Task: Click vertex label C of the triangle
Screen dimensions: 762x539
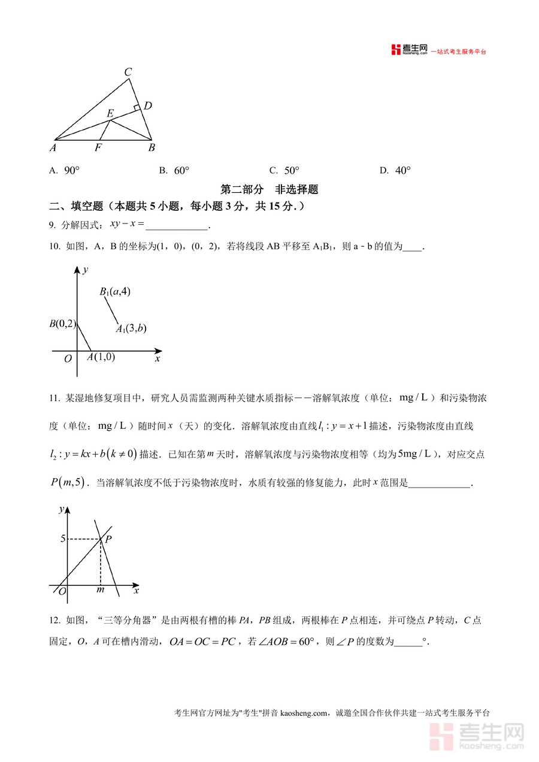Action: (x=128, y=72)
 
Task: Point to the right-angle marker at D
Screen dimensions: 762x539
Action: (x=137, y=108)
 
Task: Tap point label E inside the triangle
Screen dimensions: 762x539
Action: (x=110, y=113)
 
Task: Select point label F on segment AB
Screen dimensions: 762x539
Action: (x=98, y=148)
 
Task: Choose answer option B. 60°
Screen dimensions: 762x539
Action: (x=174, y=171)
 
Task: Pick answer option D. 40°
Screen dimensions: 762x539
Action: (x=395, y=171)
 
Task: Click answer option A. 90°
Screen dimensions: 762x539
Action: (x=64, y=171)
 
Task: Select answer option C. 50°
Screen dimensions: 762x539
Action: (x=284, y=171)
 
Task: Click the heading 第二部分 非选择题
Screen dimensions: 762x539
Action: (x=269, y=189)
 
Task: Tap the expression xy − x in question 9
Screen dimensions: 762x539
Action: (x=127, y=224)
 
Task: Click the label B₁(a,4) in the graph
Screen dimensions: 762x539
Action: (x=115, y=292)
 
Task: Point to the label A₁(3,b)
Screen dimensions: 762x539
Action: (x=131, y=328)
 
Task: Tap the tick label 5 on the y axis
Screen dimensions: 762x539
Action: (x=62, y=539)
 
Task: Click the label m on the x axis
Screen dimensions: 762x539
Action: (x=100, y=591)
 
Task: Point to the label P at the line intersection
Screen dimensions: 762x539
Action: (x=108, y=539)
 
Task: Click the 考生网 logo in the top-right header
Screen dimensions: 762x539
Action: (x=409, y=50)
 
